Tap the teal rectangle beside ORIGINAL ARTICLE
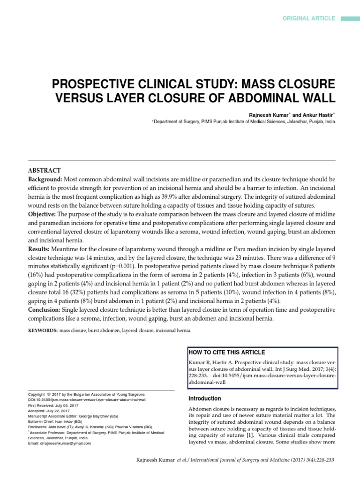pyautogui.click(x=349, y=18)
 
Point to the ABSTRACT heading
pyautogui.click(x=45, y=170)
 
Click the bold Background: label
pyautogui.click(x=45, y=180)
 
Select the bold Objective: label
pyautogui.click(x=43, y=214)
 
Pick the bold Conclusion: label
pyautogui.click(x=45, y=309)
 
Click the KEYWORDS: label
pyautogui.click(x=43, y=330)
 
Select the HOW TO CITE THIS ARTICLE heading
pyautogui.click(x=226, y=352)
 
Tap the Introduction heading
pyautogui.click(x=204, y=398)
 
